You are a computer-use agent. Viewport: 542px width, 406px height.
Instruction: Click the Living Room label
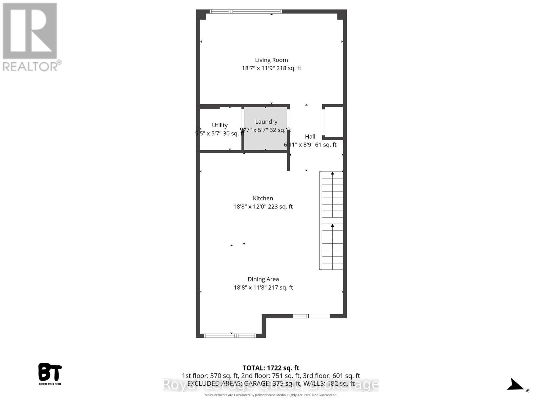[271, 60]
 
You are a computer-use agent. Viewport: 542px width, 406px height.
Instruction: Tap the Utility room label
[220, 125]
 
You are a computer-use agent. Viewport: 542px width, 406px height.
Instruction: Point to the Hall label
[310, 136]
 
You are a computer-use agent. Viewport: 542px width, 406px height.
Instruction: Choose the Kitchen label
[263, 198]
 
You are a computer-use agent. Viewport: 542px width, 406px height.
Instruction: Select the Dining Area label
[263, 279]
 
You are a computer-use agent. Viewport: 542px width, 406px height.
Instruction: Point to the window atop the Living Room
[246, 12]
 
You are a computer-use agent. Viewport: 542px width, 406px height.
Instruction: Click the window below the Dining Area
[230, 336]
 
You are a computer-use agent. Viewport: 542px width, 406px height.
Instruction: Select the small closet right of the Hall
[334, 122]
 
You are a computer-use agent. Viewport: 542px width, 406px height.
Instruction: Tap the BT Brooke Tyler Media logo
[50, 374]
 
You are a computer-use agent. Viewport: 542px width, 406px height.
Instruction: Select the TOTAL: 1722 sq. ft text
[271, 368]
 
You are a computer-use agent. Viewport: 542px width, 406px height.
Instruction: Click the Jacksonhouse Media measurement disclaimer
[271, 395]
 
